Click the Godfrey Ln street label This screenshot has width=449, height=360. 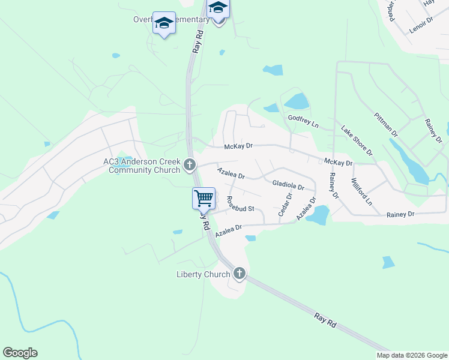[303, 121]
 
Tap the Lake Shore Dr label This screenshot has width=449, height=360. [357, 140]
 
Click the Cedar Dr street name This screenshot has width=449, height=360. [285, 204]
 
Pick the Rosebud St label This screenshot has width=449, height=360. [241, 204]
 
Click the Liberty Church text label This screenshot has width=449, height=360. [203, 275]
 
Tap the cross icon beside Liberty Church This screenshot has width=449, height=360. [240, 275]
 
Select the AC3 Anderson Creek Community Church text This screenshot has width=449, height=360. [142, 166]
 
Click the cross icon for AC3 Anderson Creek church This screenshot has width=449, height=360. [190, 164]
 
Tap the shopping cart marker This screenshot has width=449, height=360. [203, 197]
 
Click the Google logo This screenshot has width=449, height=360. [20, 353]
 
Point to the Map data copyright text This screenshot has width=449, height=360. [412, 355]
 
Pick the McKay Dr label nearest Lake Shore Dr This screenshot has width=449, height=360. [338, 163]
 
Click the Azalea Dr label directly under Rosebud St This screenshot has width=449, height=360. [228, 230]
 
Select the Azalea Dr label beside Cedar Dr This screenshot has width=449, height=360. [306, 208]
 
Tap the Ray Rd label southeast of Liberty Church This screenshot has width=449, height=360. [325, 319]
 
